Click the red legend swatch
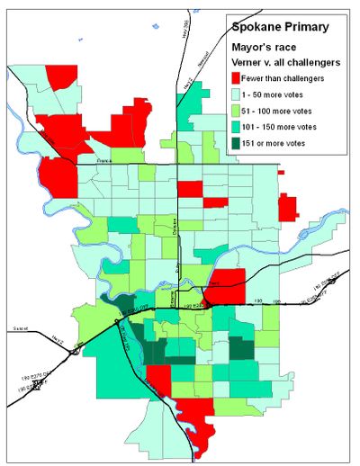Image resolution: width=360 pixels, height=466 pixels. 239,77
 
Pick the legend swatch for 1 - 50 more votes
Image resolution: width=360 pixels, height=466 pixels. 239,94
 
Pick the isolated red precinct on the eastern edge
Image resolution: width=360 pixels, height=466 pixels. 288,207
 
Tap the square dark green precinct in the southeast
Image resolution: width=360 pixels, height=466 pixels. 241,350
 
